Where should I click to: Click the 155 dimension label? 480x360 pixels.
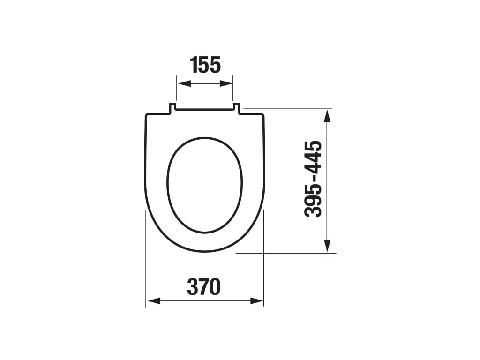(x=205, y=65)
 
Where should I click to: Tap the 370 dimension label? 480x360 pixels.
(x=204, y=287)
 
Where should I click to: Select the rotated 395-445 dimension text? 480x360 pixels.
(x=313, y=179)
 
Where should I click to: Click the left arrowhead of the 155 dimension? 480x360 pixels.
(x=184, y=83)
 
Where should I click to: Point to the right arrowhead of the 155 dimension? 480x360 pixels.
(x=226, y=83)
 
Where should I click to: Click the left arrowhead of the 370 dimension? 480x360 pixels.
(x=154, y=301)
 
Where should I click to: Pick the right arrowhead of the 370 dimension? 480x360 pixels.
(x=256, y=301)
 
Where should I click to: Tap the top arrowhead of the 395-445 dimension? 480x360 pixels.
(x=327, y=117)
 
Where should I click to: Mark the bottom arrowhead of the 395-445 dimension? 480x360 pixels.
(x=327, y=246)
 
